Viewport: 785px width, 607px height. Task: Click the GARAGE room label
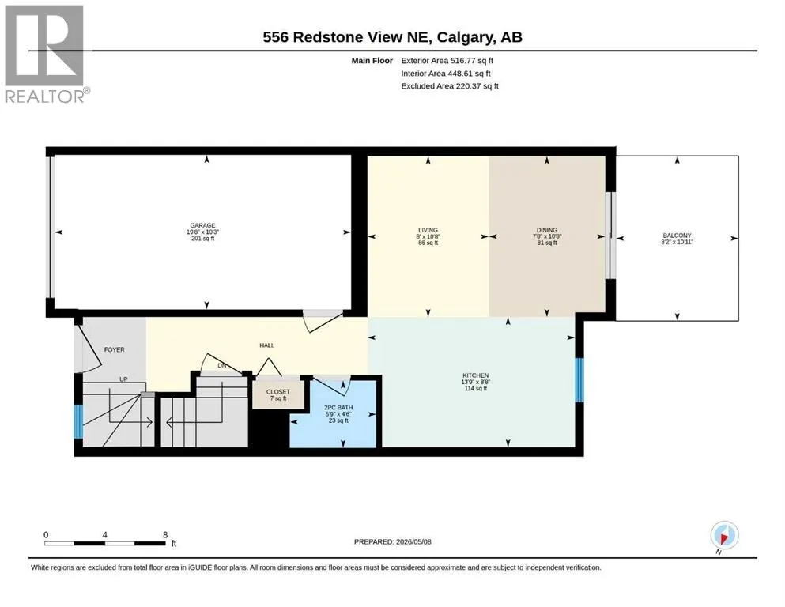click(x=202, y=225)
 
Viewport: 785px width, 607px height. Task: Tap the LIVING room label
click(x=428, y=230)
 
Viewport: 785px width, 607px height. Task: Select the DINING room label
click(x=547, y=230)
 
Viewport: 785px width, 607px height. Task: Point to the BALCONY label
click(x=677, y=236)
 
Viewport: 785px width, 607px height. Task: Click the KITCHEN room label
click(x=476, y=375)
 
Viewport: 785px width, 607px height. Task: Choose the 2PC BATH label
click(x=338, y=407)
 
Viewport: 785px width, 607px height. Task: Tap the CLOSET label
click(x=277, y=392)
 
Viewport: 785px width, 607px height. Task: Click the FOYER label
click(x=114, y=350)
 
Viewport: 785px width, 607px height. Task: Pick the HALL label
click(x=267, y=345)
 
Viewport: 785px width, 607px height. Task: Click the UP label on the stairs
click(x=123, y=379)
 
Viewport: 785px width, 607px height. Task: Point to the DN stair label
click(x=222, y=365)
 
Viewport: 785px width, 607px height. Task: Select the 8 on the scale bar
click(x=165, y=535)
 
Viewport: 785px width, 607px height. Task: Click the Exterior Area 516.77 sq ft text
click(x=447, y=61)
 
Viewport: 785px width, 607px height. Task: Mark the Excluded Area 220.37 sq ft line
click(x=450, y=86)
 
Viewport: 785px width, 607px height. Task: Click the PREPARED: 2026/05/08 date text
click(x=392, y=541)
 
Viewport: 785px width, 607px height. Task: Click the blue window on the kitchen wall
click(x=579, y=380)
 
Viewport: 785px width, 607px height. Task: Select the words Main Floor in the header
click(x=372, y=61)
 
